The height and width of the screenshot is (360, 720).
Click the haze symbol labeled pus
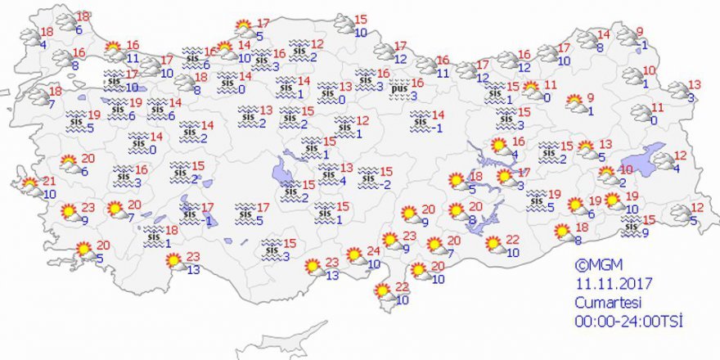point(399,89)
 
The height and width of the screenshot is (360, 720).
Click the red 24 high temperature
point(373,251)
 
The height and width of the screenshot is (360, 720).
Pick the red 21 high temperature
point(49,181)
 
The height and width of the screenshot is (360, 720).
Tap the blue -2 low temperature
point(387,184)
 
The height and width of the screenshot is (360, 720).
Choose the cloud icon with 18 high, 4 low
point(31,37)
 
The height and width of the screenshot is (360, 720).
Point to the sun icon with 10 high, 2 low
point(606,175)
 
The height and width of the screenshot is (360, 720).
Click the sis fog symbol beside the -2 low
point(368,176)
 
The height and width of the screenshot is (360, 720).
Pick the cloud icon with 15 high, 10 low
point(343,25)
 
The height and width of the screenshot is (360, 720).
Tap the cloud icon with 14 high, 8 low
point(587,40)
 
